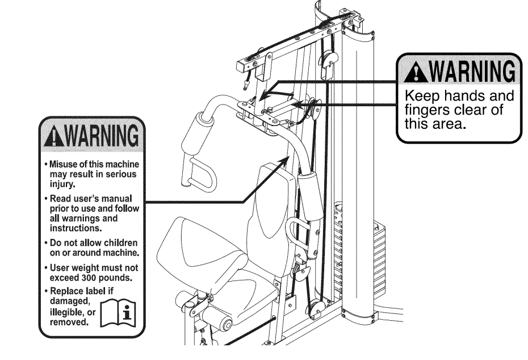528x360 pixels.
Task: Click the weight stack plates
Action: (x=355, y=250)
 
